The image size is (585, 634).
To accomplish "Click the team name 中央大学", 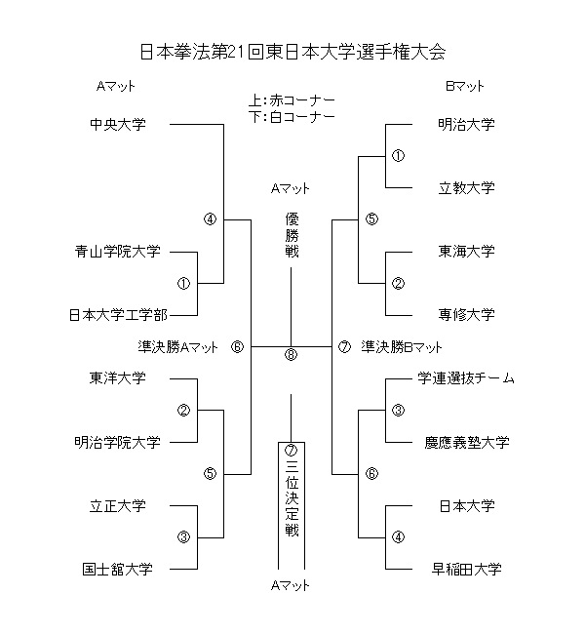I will [117, 125].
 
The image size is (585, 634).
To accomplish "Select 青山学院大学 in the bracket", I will [118, 252].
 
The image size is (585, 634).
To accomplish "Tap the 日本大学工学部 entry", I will [118, 315].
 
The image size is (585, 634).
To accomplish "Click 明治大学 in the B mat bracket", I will [466, 125].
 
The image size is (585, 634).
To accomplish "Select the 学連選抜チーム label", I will [466, 378].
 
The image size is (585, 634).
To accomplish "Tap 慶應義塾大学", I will [466, 442].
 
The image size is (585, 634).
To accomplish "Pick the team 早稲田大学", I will [466, 569].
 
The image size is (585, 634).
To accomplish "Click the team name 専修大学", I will [466, 315].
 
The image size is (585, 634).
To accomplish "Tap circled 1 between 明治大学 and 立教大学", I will [398, 156].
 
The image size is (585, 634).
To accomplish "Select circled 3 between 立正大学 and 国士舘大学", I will [183, 537].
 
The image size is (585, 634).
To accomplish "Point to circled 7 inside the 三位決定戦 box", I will [291, 452].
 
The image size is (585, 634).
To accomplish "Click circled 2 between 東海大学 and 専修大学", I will [398, 284].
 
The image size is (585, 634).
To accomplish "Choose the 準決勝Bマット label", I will [402, 346].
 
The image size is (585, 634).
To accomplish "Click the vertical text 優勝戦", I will [291, 235].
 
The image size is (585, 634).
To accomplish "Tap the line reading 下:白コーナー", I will [292, 117].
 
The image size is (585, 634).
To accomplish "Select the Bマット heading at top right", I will [465, 86].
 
